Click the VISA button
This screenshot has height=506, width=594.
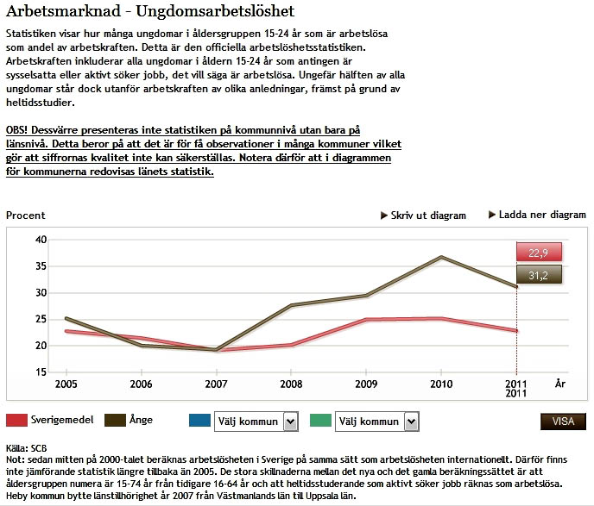[563, 422]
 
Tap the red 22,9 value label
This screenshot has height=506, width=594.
[539, 253]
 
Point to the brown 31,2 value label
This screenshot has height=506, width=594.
[539, 275]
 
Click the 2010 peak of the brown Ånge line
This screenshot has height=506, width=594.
[441, 256]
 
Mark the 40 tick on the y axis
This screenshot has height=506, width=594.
[41, 240]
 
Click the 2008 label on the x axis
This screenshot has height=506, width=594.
[291, 384]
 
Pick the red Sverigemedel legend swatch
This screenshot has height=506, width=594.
[16, 420]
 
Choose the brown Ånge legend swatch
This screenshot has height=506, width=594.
[115, 420]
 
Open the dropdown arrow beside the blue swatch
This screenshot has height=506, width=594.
[290, 422]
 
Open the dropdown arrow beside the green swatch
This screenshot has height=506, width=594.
[411, 422]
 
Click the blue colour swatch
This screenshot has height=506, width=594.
[199, 420]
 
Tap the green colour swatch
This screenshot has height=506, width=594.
[320, 420]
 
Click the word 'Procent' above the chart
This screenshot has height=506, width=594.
[25, 216]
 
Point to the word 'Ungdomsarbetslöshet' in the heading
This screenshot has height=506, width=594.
[215, 11]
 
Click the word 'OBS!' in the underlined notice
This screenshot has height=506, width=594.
[16, 130]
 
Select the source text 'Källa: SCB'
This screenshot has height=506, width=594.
[27, 448]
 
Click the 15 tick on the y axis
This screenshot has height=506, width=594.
[41, 372]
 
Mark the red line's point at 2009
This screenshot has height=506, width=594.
[366, 320]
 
